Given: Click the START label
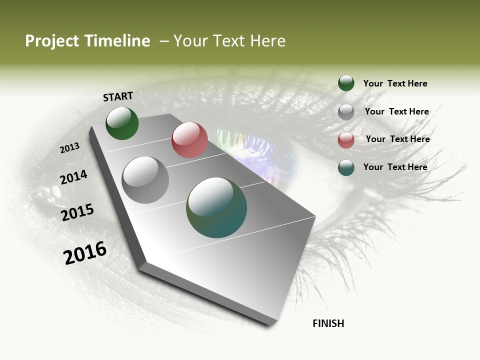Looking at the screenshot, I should tap(118, 96).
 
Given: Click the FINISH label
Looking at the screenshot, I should tap(328, 323).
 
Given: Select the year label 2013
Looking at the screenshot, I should tap(69, 148).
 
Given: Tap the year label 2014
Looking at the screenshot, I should tap(73, 177).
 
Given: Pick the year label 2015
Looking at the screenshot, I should tap(77, 212).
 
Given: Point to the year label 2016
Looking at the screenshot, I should tap(85, 252).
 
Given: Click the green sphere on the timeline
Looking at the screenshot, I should tap(122, 123).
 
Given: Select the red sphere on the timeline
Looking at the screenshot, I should tap(189, 140).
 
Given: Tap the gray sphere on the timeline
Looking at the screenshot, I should tap(145, 180).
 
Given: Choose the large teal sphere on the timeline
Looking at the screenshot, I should tap(216, 207).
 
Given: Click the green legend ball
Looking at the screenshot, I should tap(346, 83).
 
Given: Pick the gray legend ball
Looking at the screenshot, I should tap(346, 112).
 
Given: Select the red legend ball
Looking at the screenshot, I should tap(346, 139).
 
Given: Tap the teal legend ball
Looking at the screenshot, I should tap(346, 167).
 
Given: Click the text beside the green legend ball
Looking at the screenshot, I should tap(395, 83).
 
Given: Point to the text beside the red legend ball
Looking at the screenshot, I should tap(397, 139).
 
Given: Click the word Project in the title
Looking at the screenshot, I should tap(52, 41).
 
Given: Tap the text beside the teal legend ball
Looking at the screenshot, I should tap(395, 167).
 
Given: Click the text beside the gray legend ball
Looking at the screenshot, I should tap(396, 111).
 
